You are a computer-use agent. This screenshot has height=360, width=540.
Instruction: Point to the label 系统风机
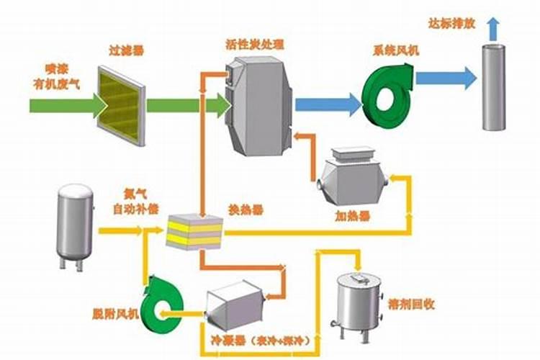392,51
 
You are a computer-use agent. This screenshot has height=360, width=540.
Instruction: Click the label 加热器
353,215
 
